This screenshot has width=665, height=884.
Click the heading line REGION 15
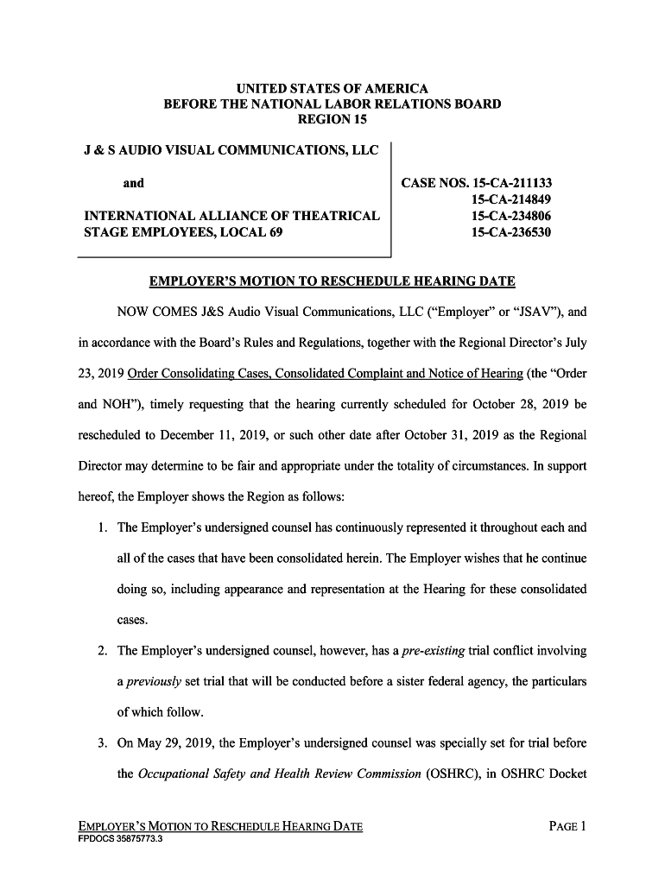tap(332, 119)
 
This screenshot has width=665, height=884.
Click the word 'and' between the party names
tap(134, 183)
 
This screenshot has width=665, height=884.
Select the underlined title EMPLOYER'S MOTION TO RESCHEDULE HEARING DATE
tap(332, 281)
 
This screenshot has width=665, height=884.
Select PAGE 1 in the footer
tap(567, 826)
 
